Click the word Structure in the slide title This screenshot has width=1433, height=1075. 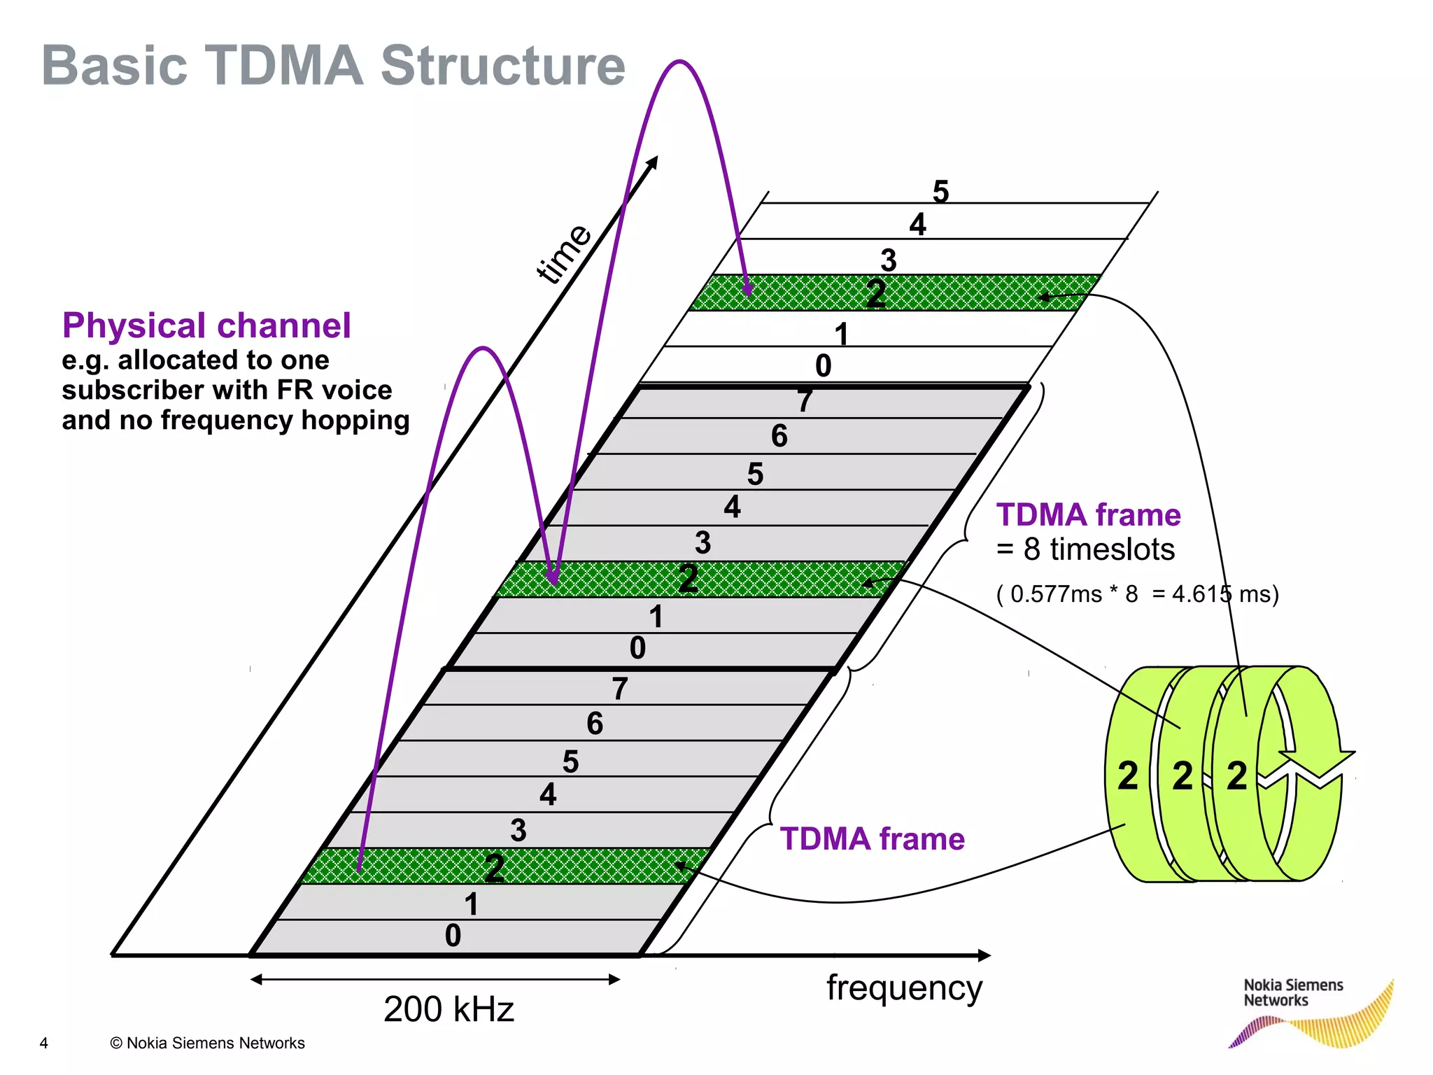pos(502,66)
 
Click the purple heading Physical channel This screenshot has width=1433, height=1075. pos(206,325)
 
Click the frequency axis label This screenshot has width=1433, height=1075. pos(904,988)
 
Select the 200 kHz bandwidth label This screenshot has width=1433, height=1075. pos(449,1009)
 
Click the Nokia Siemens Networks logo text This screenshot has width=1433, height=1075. pos(1292,992)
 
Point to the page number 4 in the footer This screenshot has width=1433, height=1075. pos(43,1043)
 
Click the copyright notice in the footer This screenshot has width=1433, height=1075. pos(207,1043)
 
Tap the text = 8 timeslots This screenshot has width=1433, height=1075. pos(1085,549)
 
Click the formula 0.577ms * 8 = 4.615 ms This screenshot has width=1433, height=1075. pos(1137,594)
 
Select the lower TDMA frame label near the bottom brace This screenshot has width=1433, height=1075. pos(872,838)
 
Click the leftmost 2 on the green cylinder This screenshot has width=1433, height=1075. pos(1127,775)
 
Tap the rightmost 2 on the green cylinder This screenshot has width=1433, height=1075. pos(1236,775)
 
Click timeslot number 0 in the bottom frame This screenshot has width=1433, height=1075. pos(453,936)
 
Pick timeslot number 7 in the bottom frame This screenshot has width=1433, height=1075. pos(619,689)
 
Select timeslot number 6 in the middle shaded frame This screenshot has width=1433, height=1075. pos(779,436)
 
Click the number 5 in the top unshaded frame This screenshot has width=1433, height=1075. pos(940,191)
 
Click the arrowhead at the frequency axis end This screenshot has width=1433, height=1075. pos(984,955)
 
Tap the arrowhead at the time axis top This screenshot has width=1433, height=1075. pos(653,162)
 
